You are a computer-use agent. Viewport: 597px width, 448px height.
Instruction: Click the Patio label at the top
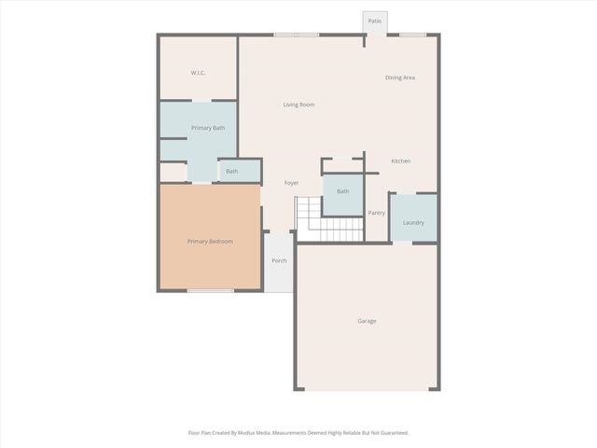[375, 21]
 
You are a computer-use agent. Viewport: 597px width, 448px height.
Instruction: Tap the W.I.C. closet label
[198, 73]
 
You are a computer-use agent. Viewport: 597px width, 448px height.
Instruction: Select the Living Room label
[298, 105]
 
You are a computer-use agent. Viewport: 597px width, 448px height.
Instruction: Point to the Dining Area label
[400, 77]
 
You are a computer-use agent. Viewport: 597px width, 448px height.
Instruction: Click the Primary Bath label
[208, 128]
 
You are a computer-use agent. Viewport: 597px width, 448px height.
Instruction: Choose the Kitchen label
[401, 161]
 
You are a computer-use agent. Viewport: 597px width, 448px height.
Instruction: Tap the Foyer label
[292, 183]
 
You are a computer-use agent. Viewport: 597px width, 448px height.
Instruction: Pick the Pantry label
[376, 213]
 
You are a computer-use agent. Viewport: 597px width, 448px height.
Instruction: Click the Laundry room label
[413, 222]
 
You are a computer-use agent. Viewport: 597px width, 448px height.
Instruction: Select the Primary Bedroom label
[210, 242]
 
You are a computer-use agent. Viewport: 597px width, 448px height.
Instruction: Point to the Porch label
[279, 260]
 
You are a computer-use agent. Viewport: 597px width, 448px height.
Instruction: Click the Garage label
[367, 321]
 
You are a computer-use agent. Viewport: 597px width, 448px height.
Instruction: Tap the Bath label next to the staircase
[343, 191]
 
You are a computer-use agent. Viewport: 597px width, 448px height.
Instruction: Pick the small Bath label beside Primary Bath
[231, 171]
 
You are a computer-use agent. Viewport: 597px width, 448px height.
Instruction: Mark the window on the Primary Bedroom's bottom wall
[210, 291]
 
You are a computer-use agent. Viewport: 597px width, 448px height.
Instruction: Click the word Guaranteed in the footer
[390, 433]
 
